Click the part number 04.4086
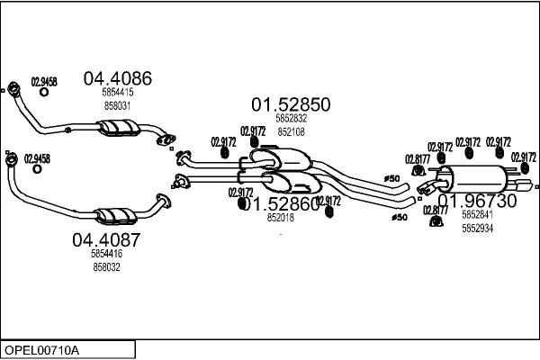pos(117,78)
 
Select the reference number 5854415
pos(117,92)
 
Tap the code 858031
pos(117,104)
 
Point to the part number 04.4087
pos(106,240)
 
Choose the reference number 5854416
pos(106,254)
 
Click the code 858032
pos(106,266)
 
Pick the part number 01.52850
pos(290,104)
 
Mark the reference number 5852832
pos(291,118)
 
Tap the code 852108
pos(291,131)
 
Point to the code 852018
pos(279,217)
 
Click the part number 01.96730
pos(477,201)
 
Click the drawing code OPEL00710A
pos(41,349)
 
